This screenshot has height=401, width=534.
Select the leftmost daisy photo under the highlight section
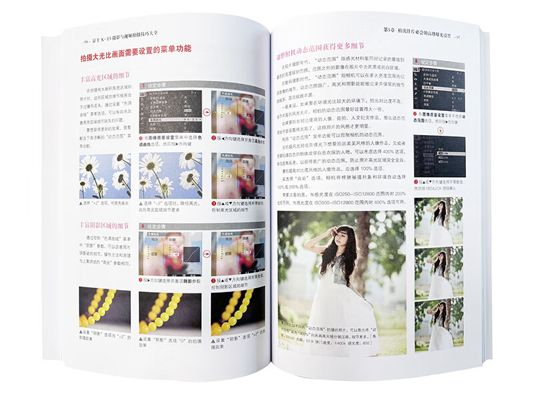pos(105,177)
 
